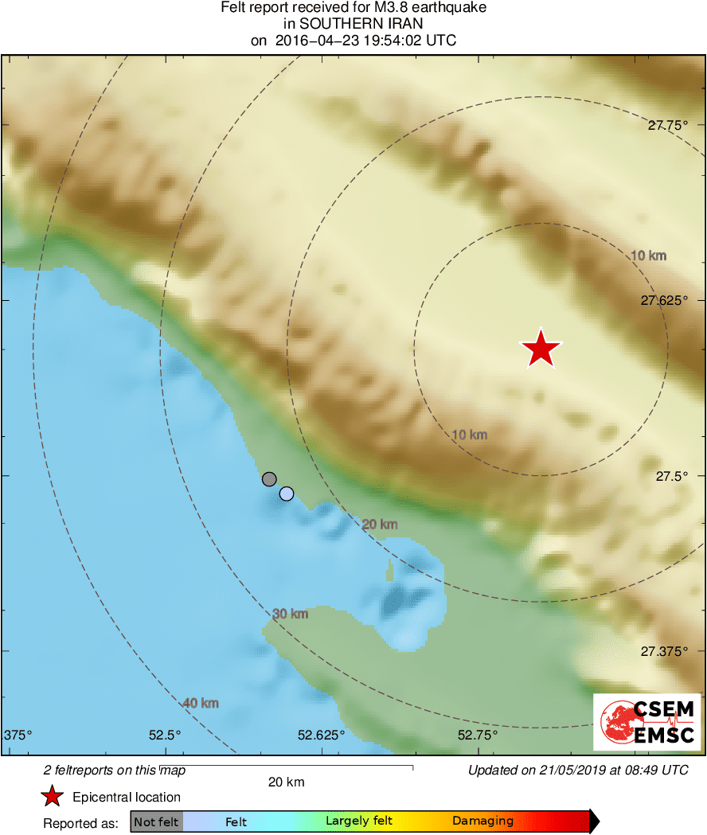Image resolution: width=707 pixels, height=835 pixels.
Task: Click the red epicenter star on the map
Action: (541, 349)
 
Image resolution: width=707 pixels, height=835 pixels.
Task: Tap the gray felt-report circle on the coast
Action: (269, 478)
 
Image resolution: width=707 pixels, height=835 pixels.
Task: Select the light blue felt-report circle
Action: (287, 494)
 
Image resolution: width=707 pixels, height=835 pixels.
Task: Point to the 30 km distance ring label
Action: (290, 614)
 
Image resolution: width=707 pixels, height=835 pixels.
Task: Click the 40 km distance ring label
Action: (201, 703)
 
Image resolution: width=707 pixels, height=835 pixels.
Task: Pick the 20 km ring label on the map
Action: (379, 525)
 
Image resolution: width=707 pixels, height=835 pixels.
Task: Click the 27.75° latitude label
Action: (667, 125)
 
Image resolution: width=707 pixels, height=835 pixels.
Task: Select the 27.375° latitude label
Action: (664, 651)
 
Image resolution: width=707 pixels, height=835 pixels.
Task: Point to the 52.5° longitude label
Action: (166, 734)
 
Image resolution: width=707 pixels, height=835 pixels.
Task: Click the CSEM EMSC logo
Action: (647, 721)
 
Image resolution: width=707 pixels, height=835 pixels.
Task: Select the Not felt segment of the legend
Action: (157, 821)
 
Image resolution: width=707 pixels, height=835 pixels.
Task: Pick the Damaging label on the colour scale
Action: (482, 821)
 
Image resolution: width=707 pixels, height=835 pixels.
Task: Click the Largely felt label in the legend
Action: (359, 821)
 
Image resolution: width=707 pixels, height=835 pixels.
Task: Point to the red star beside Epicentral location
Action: (53, 797)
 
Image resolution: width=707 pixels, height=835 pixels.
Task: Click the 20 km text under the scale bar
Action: (286, 782)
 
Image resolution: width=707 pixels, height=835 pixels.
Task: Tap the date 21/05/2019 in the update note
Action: (564, 770)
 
